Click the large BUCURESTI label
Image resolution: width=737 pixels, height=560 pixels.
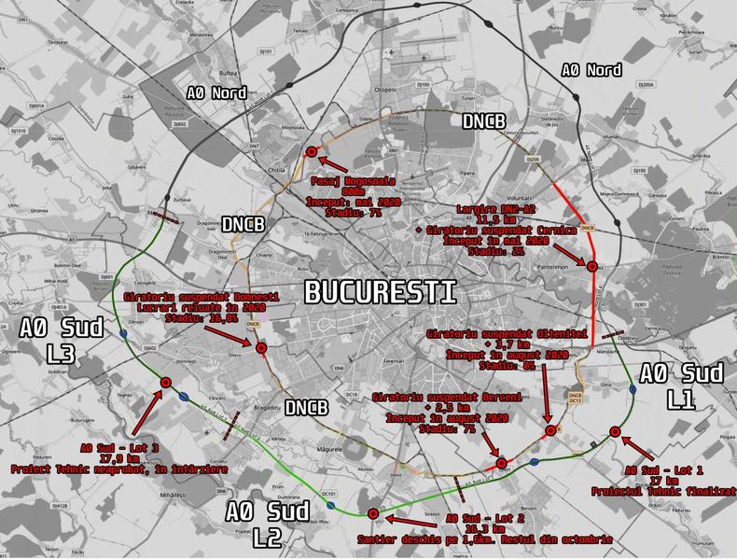[381, 291]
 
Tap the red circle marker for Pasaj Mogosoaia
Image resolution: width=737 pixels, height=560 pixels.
[312, 152]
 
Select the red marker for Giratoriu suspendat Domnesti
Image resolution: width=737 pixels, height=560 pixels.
[261, 349]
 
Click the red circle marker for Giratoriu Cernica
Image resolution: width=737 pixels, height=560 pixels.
[591, 267]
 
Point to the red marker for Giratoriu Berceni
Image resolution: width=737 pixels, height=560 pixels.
[501, 463]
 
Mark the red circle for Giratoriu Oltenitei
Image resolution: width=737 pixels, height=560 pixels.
[550, 430]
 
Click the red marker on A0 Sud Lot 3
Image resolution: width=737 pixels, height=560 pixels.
[166, 382]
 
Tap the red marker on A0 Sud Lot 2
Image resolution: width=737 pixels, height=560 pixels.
[373, 513]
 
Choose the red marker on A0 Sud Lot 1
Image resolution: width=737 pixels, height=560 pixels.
[615, 431]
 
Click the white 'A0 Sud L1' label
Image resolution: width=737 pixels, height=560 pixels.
[681, 386]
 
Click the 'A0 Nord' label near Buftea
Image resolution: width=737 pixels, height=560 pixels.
[216, 92]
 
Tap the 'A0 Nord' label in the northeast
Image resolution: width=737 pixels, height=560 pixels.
[591, 70]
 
